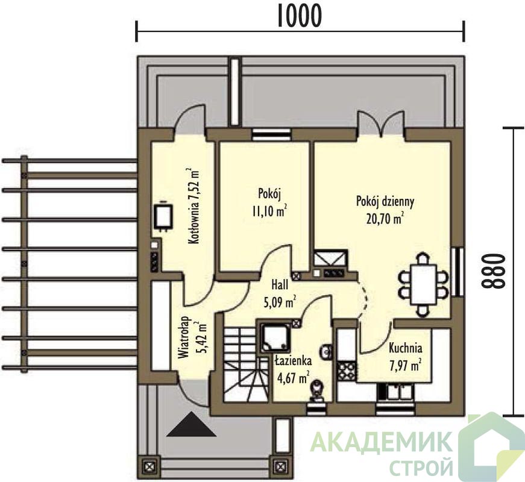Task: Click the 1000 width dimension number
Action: pos(300,16)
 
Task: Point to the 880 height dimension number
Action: pos(492,271)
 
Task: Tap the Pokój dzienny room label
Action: pos(385,201)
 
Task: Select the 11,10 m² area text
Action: pos(269,211)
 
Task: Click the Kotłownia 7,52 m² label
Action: pos(194,206)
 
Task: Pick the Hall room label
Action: pos(280,285)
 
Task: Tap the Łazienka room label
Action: pos(294,361)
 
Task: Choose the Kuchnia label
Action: pos(405,348)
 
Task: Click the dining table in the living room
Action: pos(424,284)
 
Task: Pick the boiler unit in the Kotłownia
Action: pos(163,216)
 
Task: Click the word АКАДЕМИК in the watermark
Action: pos(380,442)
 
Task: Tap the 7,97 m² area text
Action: pos(405,365)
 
